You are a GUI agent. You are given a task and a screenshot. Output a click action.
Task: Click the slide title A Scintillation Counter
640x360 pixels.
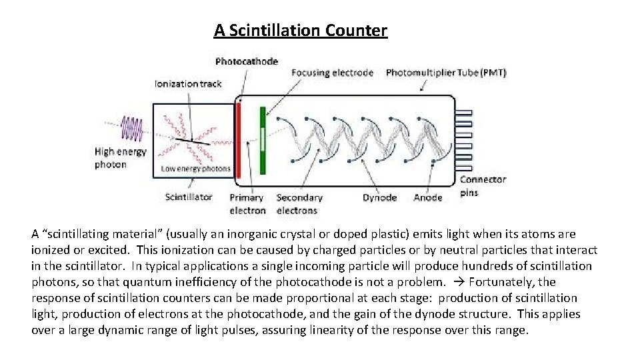300,31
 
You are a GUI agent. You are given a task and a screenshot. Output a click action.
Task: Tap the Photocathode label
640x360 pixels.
246,61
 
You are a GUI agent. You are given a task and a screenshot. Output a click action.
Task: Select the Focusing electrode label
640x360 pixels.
333,72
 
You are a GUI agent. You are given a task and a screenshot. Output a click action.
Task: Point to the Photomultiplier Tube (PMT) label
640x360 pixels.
446,72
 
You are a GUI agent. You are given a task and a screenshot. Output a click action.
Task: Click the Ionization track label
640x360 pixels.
188,84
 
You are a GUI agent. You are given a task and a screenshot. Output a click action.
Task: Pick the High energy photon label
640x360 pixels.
119,158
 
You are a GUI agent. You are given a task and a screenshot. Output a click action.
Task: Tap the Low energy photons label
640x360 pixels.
195,169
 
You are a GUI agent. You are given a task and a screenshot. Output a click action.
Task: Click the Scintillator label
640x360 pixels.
189,197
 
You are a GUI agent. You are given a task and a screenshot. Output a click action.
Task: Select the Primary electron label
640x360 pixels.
247,204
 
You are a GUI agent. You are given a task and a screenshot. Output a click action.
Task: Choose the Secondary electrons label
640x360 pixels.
299,204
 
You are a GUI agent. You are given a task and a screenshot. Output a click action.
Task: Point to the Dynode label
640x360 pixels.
379,197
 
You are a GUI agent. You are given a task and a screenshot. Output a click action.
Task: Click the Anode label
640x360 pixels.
427,197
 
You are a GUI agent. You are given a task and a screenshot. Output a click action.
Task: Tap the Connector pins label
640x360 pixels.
483,186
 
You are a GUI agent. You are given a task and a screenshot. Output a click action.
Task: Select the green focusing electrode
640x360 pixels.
263,140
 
